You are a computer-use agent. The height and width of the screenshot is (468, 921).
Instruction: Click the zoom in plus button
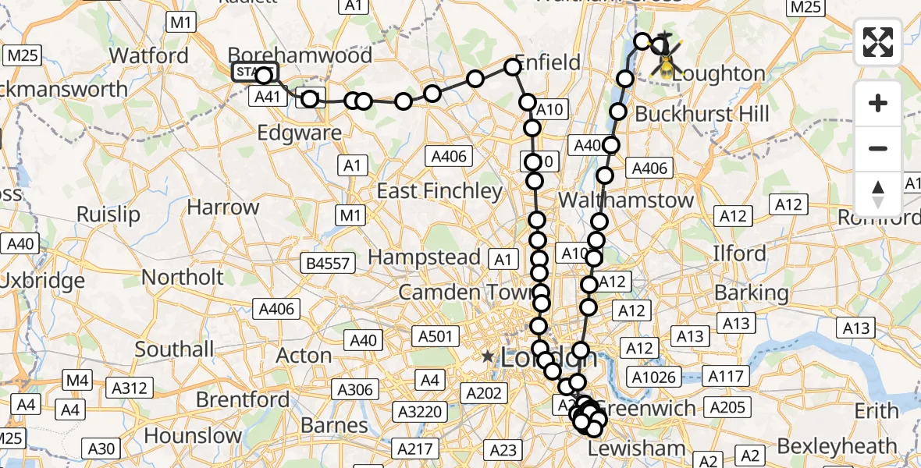tap(878, 103)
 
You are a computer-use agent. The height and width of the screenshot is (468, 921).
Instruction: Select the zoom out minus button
tap(878, 148)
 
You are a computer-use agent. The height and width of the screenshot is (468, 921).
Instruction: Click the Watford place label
tap(149, 55)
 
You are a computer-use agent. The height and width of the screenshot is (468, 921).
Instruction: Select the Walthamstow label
tap(626, 200)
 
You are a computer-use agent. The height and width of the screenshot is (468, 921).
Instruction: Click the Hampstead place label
tap(424, 257)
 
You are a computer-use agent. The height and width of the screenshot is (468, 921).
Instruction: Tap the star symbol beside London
tap(488, 357)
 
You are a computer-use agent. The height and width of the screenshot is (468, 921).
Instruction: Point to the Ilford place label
tap(739, 253)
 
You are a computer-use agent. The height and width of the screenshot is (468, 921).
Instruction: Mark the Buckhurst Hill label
tap(702, 114)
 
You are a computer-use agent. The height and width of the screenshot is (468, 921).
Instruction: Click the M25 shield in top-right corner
tap(806, 7)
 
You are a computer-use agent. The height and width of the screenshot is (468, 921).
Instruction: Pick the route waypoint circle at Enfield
tap(513, 67)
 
